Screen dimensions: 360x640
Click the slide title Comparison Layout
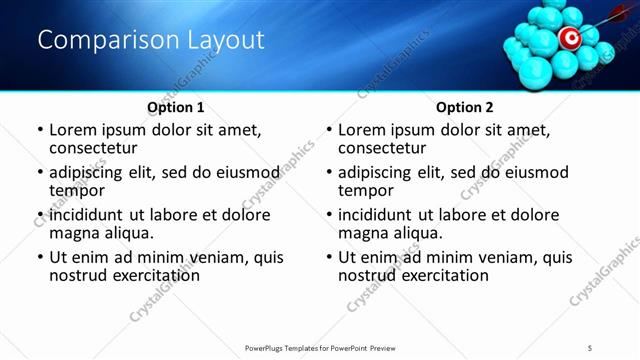tap(150, 41)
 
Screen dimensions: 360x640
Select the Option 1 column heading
tap(176, 107)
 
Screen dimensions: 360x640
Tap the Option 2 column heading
tap(465, 107)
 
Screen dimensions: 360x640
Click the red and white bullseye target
tap(569, 39)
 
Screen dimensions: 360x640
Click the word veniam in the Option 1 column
tap(207, 257)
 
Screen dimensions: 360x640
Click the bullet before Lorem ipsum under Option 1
tap(39, 130)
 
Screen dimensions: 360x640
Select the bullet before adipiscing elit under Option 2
tap(328, 173)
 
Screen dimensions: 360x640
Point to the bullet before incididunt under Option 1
tap(39, 215)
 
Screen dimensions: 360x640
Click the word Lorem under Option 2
tap(362, 130)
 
